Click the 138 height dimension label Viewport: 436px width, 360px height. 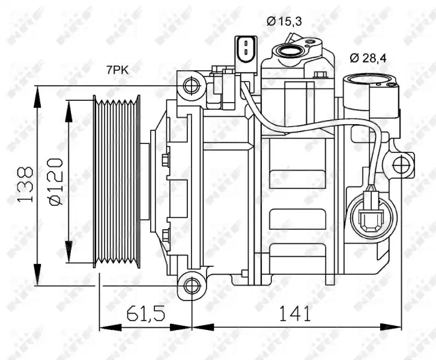(x=26, y=184)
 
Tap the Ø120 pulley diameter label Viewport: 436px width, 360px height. (x=56, y=182)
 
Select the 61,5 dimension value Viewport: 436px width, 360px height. (x=146, y=313)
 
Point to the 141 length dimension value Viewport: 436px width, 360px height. (x=295, y=313)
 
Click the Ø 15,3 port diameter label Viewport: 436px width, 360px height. (x=284, y=21)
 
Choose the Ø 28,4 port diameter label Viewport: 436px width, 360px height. (x=368, y=58)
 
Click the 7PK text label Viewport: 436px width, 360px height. (x=118, y=70)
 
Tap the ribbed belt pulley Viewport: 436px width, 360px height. (x=117, y=181)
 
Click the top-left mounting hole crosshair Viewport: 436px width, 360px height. (x=192, y=86)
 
